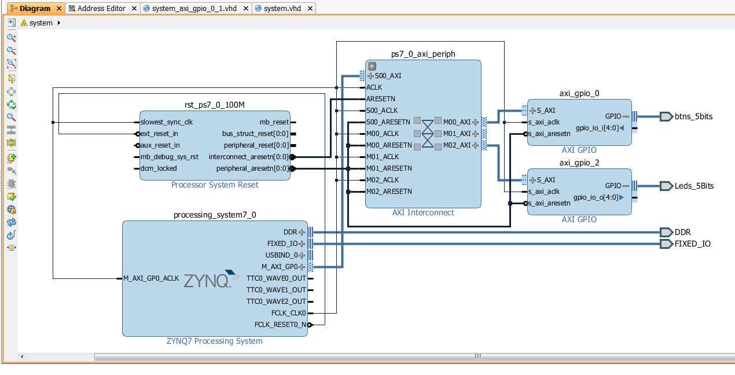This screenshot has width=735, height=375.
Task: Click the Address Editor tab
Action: tap(101, 9)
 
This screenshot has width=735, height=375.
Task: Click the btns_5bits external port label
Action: tap(693, 116)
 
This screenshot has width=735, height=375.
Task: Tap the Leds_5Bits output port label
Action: tap(694, 186)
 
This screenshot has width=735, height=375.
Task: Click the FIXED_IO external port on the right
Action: tap(692, 244)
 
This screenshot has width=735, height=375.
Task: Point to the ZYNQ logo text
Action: tap(207, 281)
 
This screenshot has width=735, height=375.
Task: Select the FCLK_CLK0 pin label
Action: tap(288, 313)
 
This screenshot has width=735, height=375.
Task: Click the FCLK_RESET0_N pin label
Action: tap(280, 325)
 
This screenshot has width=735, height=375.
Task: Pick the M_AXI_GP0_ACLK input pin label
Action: tap(151, 278)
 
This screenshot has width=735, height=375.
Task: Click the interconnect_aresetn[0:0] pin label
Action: tap(248, 157)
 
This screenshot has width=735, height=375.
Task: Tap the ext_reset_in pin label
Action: tap(159, 134)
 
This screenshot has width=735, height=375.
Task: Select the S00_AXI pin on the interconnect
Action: tap(388, 76)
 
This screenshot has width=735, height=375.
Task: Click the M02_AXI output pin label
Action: tap(457, 145)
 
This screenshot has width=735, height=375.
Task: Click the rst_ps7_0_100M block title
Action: tap(215, 105)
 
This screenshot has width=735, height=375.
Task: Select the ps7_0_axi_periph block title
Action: tap(423, 54)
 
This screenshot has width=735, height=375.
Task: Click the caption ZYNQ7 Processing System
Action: tap(215, 341)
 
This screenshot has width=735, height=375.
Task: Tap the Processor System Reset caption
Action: tap(215, 185)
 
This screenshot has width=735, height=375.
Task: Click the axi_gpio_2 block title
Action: tap(579, 163)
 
